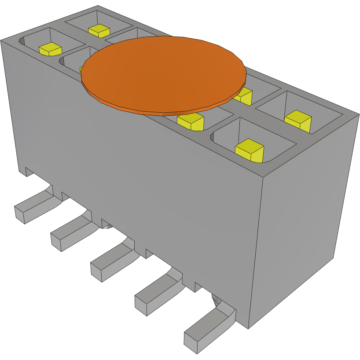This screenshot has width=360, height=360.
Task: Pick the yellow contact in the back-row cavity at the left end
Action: tap(99, 30)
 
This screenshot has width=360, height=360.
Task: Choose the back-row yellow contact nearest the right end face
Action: tap(298, 120)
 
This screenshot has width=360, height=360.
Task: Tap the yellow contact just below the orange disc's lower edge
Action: tap(191, 121)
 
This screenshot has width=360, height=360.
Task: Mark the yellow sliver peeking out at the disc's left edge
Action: tap(81, 69)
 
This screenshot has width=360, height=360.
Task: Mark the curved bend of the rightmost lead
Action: tap(224, 310)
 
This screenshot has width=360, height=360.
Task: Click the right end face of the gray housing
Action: tap(304, 229)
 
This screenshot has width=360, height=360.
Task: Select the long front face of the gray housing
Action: tap(132, 176)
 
